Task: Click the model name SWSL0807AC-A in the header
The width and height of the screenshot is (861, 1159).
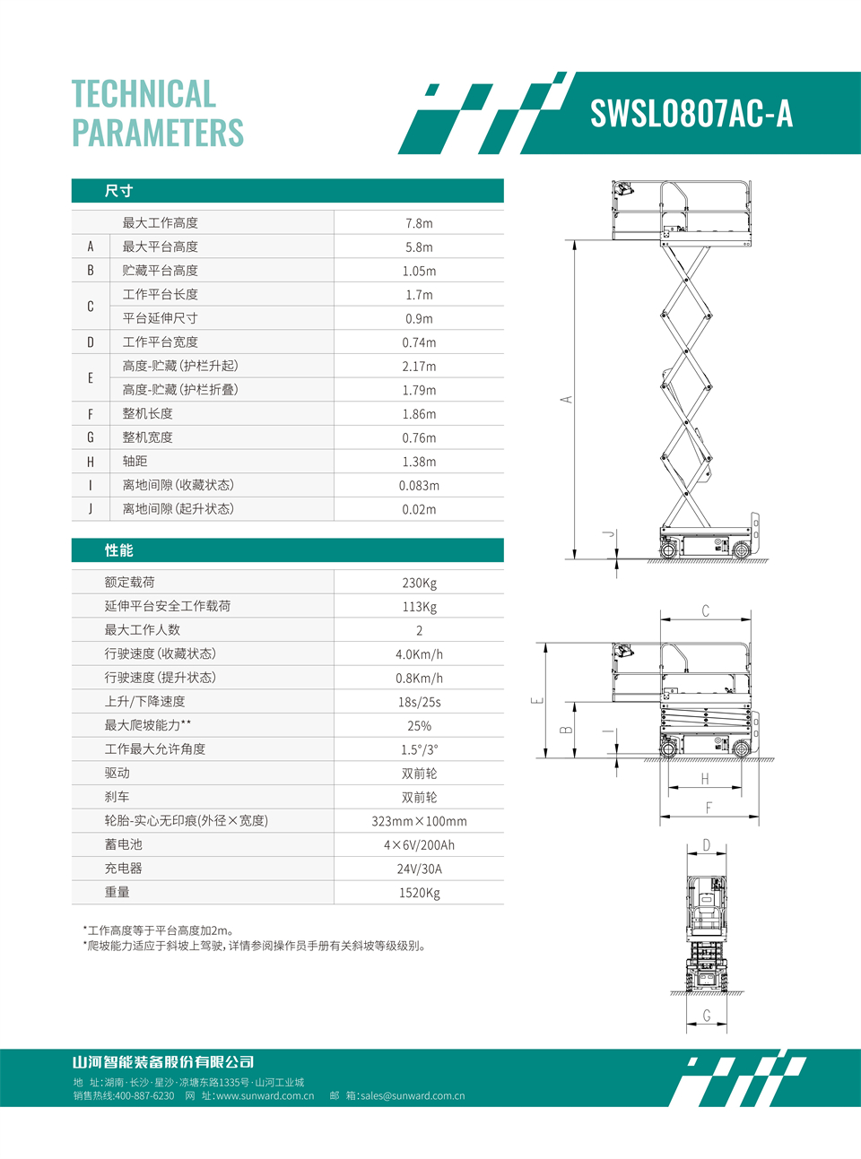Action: (x=691, y=114)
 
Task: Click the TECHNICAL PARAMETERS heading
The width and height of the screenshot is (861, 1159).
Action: (x=158, y=114)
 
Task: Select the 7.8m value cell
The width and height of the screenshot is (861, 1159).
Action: (x=419, y=223)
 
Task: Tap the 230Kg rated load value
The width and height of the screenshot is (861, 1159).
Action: (x=419, y=583)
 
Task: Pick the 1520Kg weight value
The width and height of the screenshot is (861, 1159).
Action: (x=419, y=893)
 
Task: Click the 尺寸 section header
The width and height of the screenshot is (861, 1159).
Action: (x=118, y=191)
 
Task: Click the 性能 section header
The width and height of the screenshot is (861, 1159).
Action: (x=118, y=550)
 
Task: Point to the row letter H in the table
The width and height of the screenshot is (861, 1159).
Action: (x=91, y=462)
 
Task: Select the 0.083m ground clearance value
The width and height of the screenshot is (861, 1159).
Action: (x=419, y=486)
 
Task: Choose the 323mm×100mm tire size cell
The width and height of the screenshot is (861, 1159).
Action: (x=419, y=821)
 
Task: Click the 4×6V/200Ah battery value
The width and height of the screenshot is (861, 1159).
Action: (x=419, y=845)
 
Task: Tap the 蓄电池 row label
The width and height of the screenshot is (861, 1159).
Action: (x=123, y=844)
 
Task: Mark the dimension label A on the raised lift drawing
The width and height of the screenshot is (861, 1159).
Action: (x=567, y=399)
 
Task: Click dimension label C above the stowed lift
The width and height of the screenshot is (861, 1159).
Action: (x=705, y=611)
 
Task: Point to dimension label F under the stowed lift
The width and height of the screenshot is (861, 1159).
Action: (x=709, y=809)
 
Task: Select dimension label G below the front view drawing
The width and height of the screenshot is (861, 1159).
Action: (x=707, y=1016)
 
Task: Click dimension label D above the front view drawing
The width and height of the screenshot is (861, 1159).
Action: (x=707, y=845)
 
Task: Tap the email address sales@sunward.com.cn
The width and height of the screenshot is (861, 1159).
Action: (x=413, y=1095)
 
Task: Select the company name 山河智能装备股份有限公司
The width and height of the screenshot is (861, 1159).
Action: (x=163, y=1062)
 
